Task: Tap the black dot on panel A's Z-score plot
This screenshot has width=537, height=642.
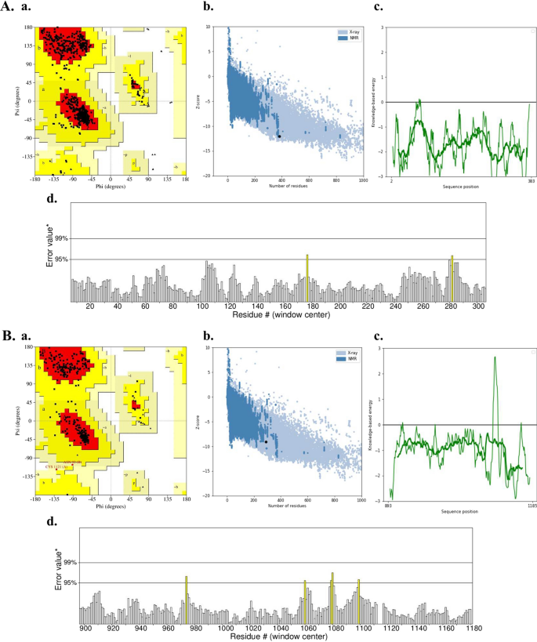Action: [x=279, y=136]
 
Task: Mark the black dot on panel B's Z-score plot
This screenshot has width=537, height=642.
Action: [x=267, y=442]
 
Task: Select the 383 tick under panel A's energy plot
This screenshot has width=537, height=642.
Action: [x=531, y=181]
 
